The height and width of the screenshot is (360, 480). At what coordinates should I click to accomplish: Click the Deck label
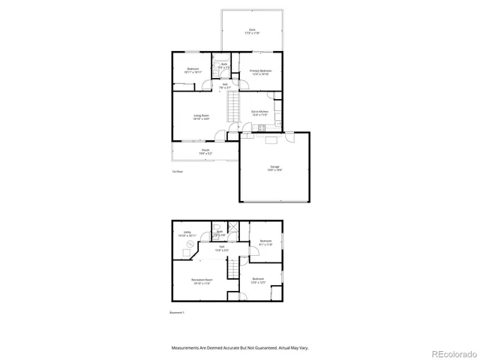252,31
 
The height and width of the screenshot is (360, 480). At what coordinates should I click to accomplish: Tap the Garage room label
275,168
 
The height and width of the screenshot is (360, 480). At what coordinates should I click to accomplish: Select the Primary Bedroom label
260,72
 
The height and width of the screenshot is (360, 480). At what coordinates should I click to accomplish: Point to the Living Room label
200,117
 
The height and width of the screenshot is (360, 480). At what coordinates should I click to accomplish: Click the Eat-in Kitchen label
259,112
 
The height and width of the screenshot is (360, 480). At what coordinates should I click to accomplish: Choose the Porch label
205,152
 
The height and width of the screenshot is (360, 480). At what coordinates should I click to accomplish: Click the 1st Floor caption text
177,172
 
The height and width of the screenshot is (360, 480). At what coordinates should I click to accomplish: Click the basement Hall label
223,247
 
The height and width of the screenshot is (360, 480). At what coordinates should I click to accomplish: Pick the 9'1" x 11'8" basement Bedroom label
265,242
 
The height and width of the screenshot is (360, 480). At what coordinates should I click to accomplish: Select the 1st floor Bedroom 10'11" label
193,70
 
